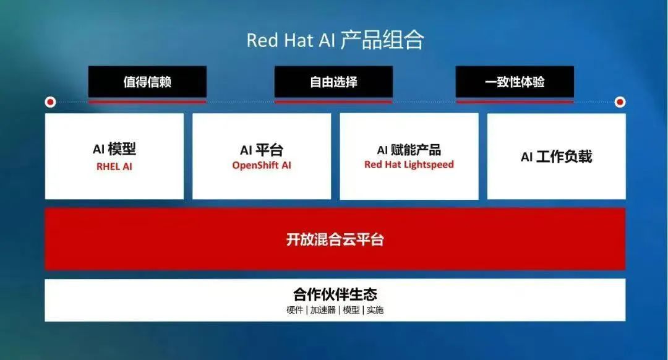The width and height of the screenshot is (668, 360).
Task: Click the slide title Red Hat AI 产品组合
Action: pyautogui.click(x=335, y=40)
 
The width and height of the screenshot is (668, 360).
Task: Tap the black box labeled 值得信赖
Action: pyautogui.click(x=147, y=82)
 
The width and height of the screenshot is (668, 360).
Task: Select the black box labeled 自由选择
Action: pyautogui.click(x=333, y=82)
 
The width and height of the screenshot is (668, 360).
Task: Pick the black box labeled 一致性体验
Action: pyautogui.click(x=515, y=82)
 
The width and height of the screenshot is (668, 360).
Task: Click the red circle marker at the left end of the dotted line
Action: pyautogui.click(x=50, y=102)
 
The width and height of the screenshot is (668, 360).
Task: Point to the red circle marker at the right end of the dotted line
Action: pyautogui.click(x=620, y=102)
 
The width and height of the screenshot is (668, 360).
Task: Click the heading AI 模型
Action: pyautogui.click(x=114, y=149)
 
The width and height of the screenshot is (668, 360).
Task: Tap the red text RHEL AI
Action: pyautogui.click(x=114, y=166)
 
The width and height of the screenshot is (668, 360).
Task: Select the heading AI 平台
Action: pyautogui.click(x=262, y=150)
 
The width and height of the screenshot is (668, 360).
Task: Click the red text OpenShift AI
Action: pyautogui.click(x=262, y=165)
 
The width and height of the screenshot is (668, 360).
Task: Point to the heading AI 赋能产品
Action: pyautogui.click(x=409, y=150)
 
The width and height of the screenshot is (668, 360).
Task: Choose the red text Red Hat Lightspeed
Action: pyautogui.click(x=409, y=165)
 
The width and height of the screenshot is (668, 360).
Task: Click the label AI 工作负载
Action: pyautogui.click(x=557, y=156)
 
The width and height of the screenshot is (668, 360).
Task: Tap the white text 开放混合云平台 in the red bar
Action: pyautogui.click(x=335, y=239)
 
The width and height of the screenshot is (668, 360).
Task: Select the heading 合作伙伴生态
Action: pyautogui.click(x=335, y=294)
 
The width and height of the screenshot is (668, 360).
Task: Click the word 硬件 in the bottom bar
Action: pyautogui.click(x=295, y=310)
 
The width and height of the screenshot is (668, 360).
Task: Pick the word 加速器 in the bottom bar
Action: pyautogui.click(x=323, y=310)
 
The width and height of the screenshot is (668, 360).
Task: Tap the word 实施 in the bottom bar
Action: pyautogui.click(x=375, y=310)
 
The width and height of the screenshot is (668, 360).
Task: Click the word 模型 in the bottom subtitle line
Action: pyautogui.click(x=351, y=310)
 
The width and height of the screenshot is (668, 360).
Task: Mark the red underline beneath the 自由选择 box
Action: pyautogui.click(x=333, y=101)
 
